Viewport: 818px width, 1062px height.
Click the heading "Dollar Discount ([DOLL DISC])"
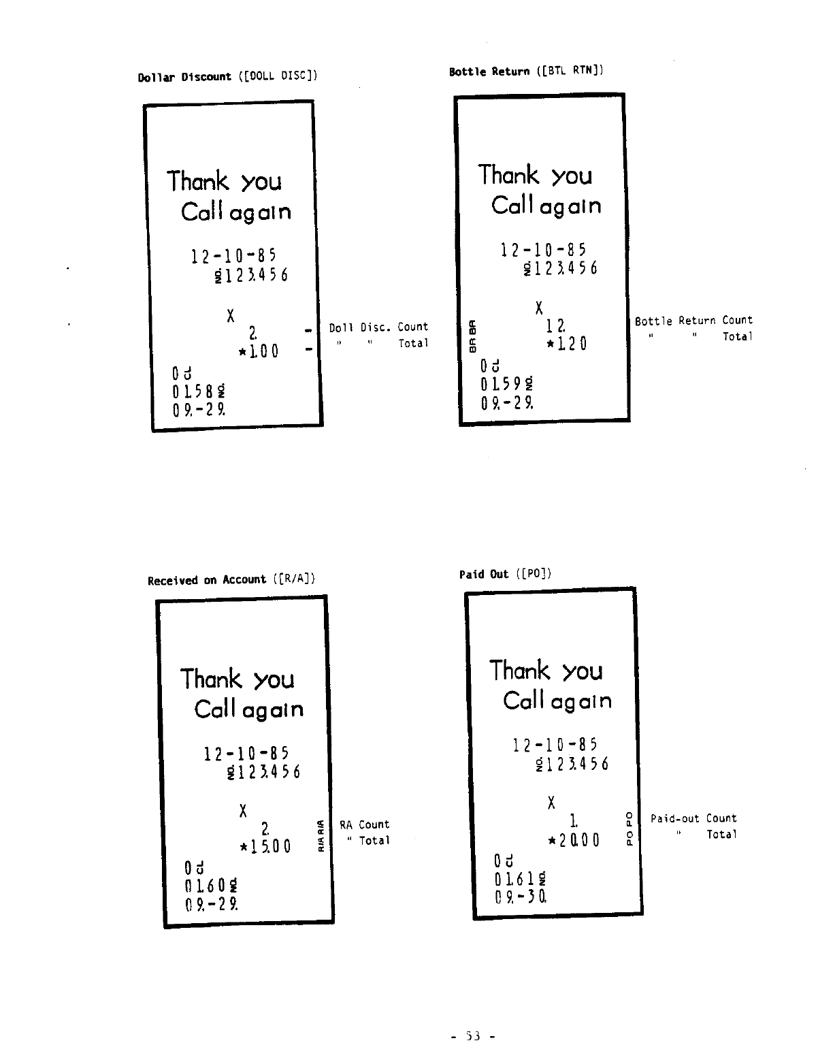227,76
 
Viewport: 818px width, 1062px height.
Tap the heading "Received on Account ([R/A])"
231,580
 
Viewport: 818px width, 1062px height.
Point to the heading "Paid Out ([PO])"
505,574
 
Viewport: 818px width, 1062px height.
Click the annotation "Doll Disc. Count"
378,327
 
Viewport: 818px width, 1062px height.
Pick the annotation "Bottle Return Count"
693,320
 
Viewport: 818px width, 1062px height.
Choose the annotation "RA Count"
364,824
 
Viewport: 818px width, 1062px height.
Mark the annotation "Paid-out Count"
693,818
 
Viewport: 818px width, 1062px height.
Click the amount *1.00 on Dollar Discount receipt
258,352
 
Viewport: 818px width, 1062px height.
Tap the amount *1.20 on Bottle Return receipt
567,344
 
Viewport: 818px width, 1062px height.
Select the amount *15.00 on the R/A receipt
265,847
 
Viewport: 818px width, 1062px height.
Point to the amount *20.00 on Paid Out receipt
573,840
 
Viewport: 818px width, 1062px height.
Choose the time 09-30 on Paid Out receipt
521,897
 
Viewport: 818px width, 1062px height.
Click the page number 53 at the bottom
472,1036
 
